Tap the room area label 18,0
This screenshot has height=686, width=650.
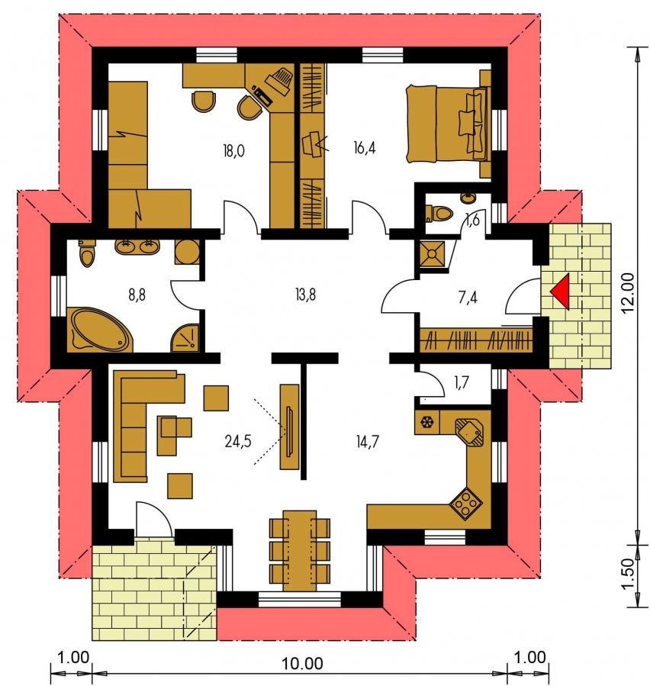pyautogui.click(x=233, y=151)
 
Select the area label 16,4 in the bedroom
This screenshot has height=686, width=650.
pyautogui.click(x=365, y=149)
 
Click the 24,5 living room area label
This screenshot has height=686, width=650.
pyautogui.click(x=238, y=442)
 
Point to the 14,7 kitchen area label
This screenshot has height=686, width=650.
pyautogui.click(x=368, y=442)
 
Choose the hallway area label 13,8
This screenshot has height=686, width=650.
pyautogui.click(x=305, y=295)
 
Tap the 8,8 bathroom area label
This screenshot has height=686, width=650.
pyautogui.click(x=137, y=295)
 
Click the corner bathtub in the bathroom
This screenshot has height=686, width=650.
pyautogui.click(x=100, y=330)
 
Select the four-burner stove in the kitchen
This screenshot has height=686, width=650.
pyautogui.click(x=466, y=504)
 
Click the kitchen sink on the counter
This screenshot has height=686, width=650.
pyautogui.click(x=469, y=432)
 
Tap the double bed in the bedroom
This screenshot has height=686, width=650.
pyautogui.click(x=447, y=124)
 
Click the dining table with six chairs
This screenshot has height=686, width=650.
pyautogui.click(x=300, y=550)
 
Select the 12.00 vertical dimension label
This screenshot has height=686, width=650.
pyautogui.click(x=628, y=292)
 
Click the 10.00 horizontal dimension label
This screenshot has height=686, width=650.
pyautogui.click(x=302, y=663)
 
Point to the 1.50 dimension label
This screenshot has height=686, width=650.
pyautogui.click(x=628, y=574)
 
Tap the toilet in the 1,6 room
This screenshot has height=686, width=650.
pyautogui.click(x=439, y=214)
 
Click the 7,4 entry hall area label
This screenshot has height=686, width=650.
pyautogui.click(x=468, y=298)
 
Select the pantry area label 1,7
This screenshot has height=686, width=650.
pyautogui.click(x=462, y=383)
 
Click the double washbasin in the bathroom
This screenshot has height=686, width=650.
pyautogui.click(x=137, y=246)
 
